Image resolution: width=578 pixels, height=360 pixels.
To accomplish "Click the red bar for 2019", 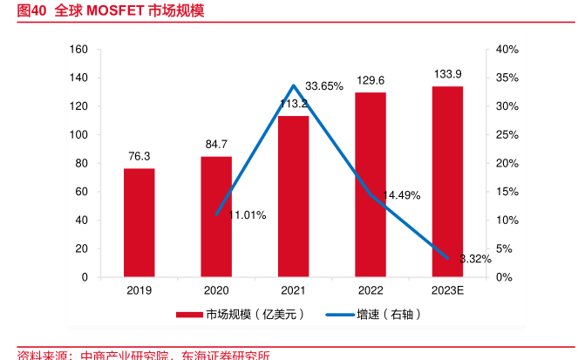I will pos(139,222).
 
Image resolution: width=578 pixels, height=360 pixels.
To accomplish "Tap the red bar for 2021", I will pos(294,196).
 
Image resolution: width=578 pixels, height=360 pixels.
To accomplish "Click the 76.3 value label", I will pos(139,157).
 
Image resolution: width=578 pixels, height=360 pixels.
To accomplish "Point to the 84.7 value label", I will pos(216,144).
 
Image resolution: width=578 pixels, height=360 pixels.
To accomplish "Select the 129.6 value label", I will pos(371,80).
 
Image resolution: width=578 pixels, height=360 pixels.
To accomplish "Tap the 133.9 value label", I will pos(448,74).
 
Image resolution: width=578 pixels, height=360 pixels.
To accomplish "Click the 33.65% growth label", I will pos(323,85).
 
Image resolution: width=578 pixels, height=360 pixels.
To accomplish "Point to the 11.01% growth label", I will pos(248,214).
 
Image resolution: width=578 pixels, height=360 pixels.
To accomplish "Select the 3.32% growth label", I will pos(475,259).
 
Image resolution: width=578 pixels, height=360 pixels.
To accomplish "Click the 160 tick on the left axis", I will pos(79,50).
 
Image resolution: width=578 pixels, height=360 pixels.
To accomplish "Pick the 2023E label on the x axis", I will pos(448,290).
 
